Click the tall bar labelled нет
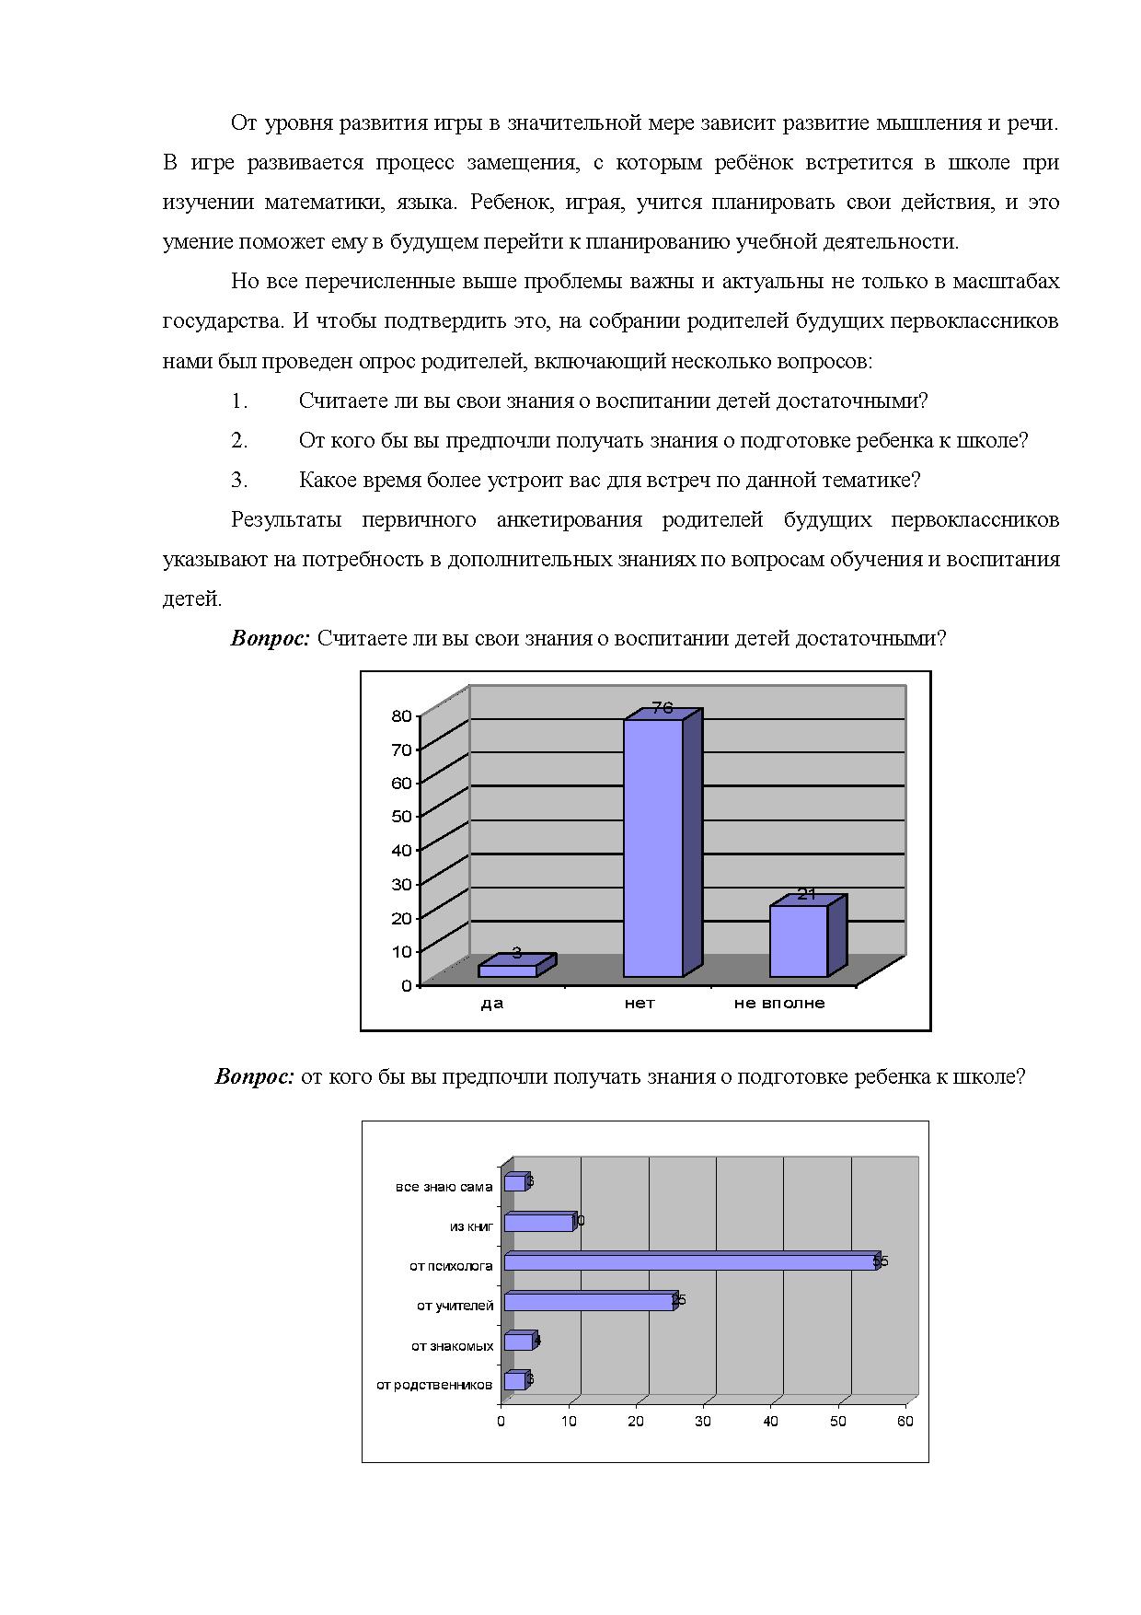[653, 847]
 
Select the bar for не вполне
[799, 941]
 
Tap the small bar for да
[508, 970]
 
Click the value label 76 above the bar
[663, 708]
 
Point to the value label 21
[807, 894]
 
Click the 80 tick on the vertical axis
[401, 715]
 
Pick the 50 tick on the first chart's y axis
[401, 816]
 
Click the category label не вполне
[779, 1004]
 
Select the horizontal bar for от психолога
[690, 1262]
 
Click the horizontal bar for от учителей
[589, 1302]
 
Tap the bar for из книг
[538, 1223]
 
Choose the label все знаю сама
[444, 1188]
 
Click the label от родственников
[434, 1385]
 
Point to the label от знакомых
[453, 1346]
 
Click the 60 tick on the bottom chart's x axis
[905, 1422]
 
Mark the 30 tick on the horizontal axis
[703, 1422]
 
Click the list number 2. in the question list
[239, 441]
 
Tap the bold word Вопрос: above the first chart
[270, 639]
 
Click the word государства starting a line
[222, 321]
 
